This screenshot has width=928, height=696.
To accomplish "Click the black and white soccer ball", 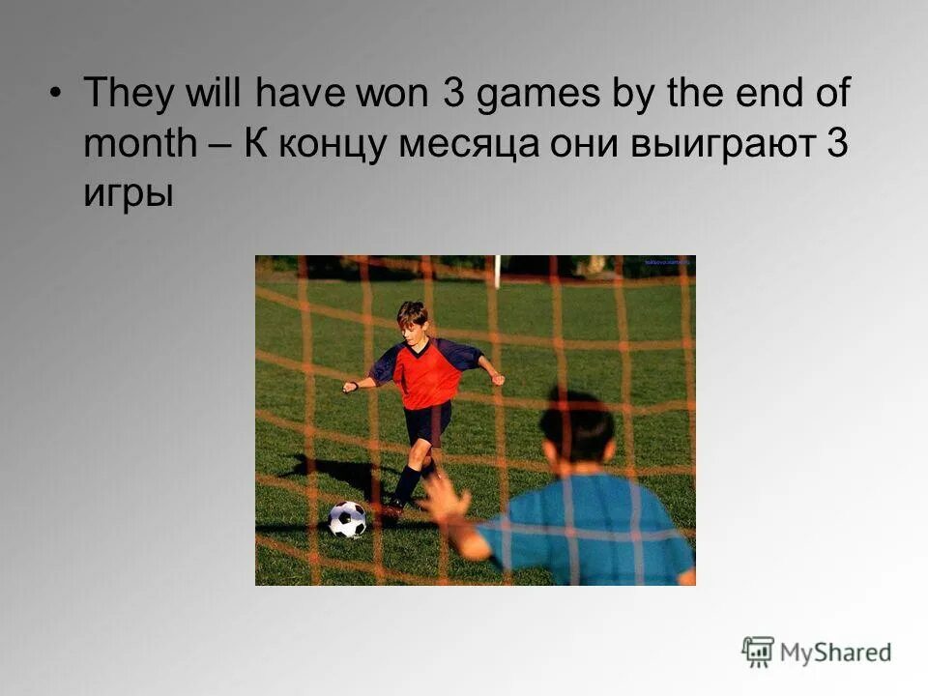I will coord(347,519).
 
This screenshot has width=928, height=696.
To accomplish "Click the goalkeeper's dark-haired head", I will coord(576,427).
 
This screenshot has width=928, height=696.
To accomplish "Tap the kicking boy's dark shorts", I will coord(428,423).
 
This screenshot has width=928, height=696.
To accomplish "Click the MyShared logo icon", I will coord(759,652).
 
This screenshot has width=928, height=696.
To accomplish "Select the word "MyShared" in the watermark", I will coord(836,652).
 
